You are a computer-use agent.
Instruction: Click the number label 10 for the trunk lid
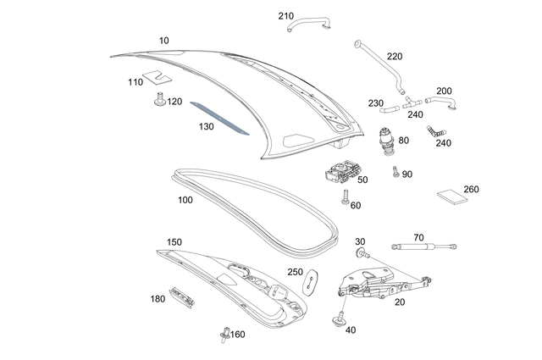coord(163,40)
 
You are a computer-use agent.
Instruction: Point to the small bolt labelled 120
coord(159,102)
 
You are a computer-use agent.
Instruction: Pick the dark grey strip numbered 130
coord(218,118)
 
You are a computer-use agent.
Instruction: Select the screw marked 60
coord(346,197)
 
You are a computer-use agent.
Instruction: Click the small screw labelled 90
coord(395,172)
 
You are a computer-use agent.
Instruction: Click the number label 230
coord(376,103)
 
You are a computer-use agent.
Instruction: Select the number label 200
coord(444,91)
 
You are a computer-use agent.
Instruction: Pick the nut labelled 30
coord(362,254)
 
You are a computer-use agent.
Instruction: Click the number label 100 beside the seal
coord(185,200)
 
